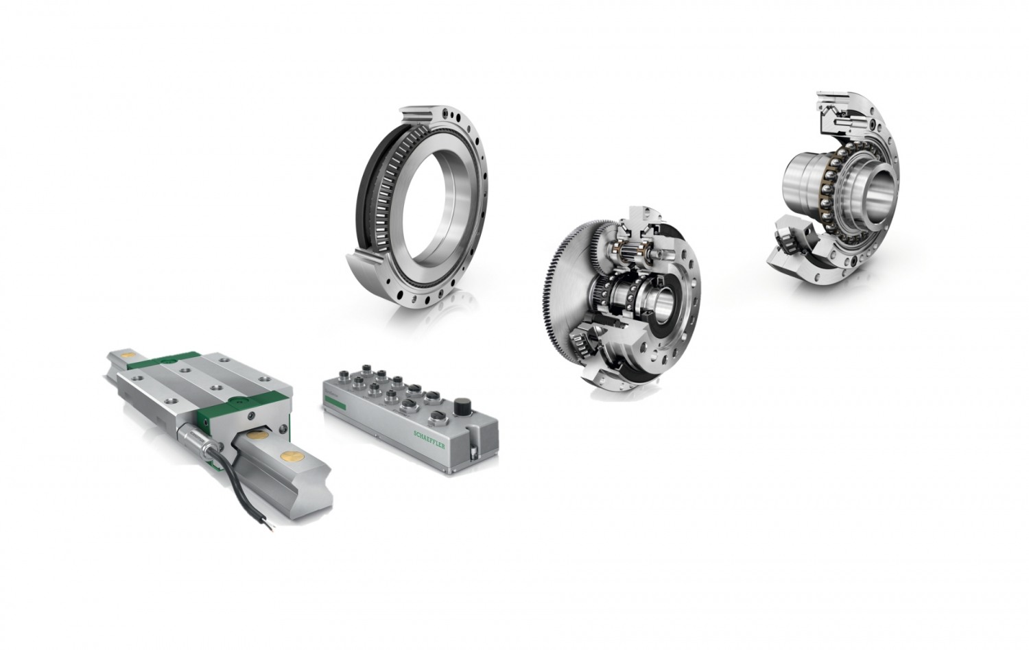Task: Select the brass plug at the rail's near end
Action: [289, 455]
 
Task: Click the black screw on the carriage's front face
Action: [250, 416]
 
